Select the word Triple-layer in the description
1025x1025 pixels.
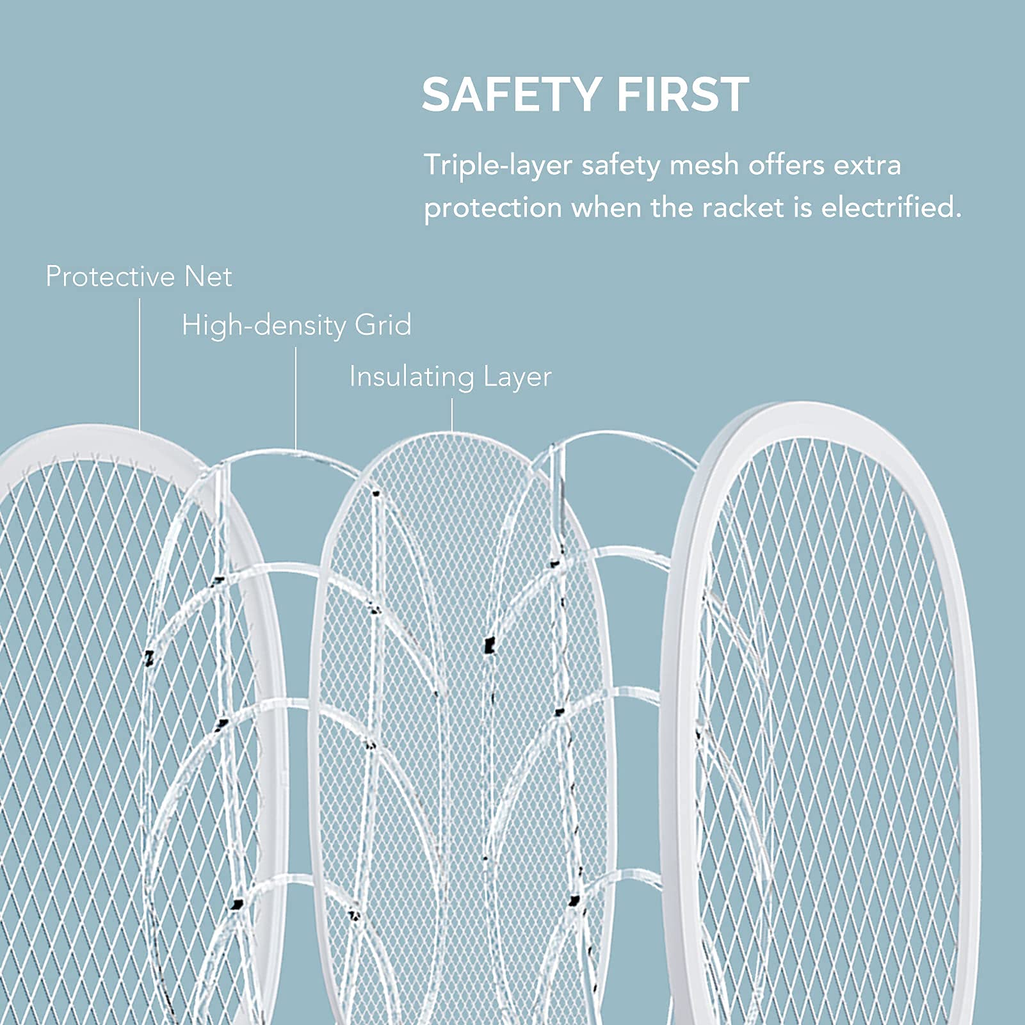coord(497,166)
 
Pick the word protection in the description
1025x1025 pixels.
coord(492,209)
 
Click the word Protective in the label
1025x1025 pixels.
coord(110,277)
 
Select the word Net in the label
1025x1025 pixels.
coord(208,277)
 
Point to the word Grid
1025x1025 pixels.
coord(383,325)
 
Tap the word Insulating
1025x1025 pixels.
coord(411,376)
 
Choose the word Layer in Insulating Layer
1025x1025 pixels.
coord(517,377)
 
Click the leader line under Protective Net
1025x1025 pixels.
coord(140,365)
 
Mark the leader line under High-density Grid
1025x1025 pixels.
coord(296,397)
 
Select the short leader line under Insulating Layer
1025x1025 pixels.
coord(452,415)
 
